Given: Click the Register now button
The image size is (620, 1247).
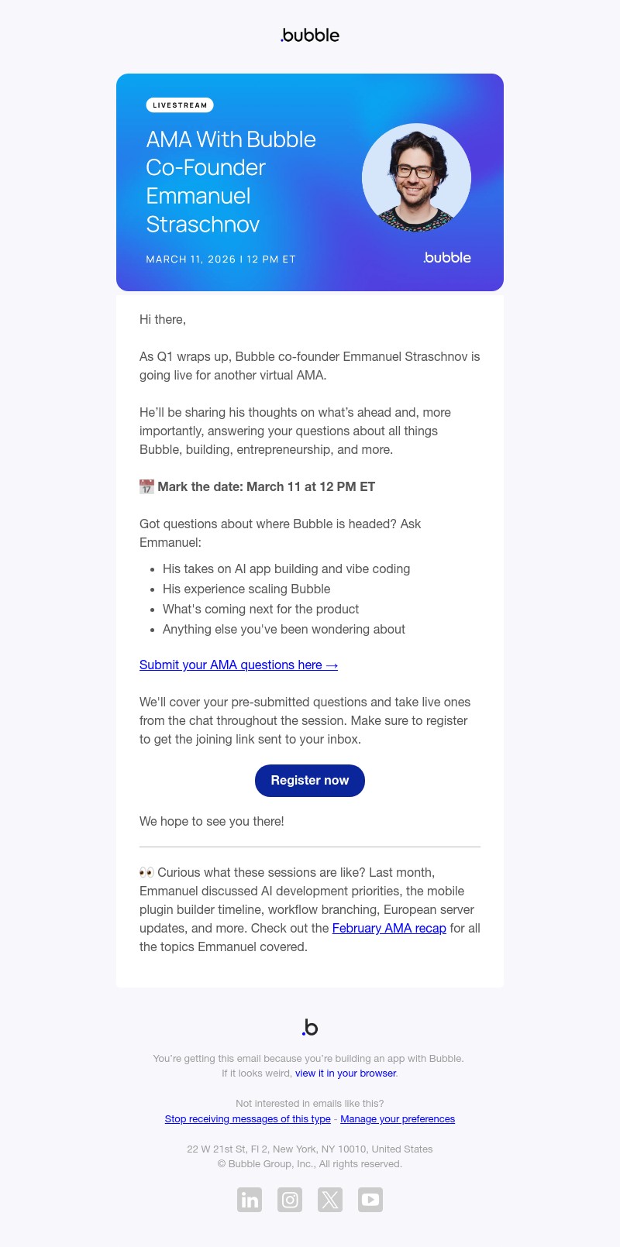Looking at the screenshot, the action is click(310, 780).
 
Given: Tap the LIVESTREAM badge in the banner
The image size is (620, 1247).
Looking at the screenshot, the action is click(180, 105).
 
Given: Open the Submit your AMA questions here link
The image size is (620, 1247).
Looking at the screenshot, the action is click(239, 665).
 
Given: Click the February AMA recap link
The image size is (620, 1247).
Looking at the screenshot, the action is click(389, 928).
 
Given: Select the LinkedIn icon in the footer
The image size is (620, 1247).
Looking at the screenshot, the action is click(250, 1200).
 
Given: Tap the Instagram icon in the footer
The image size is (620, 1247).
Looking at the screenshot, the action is click(290, 1200).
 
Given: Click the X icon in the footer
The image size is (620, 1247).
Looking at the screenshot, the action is click(330, 1200).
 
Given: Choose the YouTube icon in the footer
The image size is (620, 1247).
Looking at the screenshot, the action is click(370, 1200).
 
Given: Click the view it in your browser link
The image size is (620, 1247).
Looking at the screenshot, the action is click(346, 1074).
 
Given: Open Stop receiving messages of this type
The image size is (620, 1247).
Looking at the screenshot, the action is click(247, 1119).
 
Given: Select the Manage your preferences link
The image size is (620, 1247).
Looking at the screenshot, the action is click(398, 1119).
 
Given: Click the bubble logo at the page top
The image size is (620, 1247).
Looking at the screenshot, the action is click(310, 35).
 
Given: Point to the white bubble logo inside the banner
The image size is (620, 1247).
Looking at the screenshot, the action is click(447, 258).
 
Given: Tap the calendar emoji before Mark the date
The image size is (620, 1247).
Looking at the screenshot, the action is click(146, 486).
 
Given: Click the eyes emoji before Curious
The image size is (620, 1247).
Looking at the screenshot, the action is click(146, 872).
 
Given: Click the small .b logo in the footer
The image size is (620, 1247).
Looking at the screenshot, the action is click(310, 1028).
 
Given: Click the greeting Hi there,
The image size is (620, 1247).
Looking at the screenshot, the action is click(163, 319).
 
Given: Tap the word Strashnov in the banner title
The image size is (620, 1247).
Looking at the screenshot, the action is click(203, 225).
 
